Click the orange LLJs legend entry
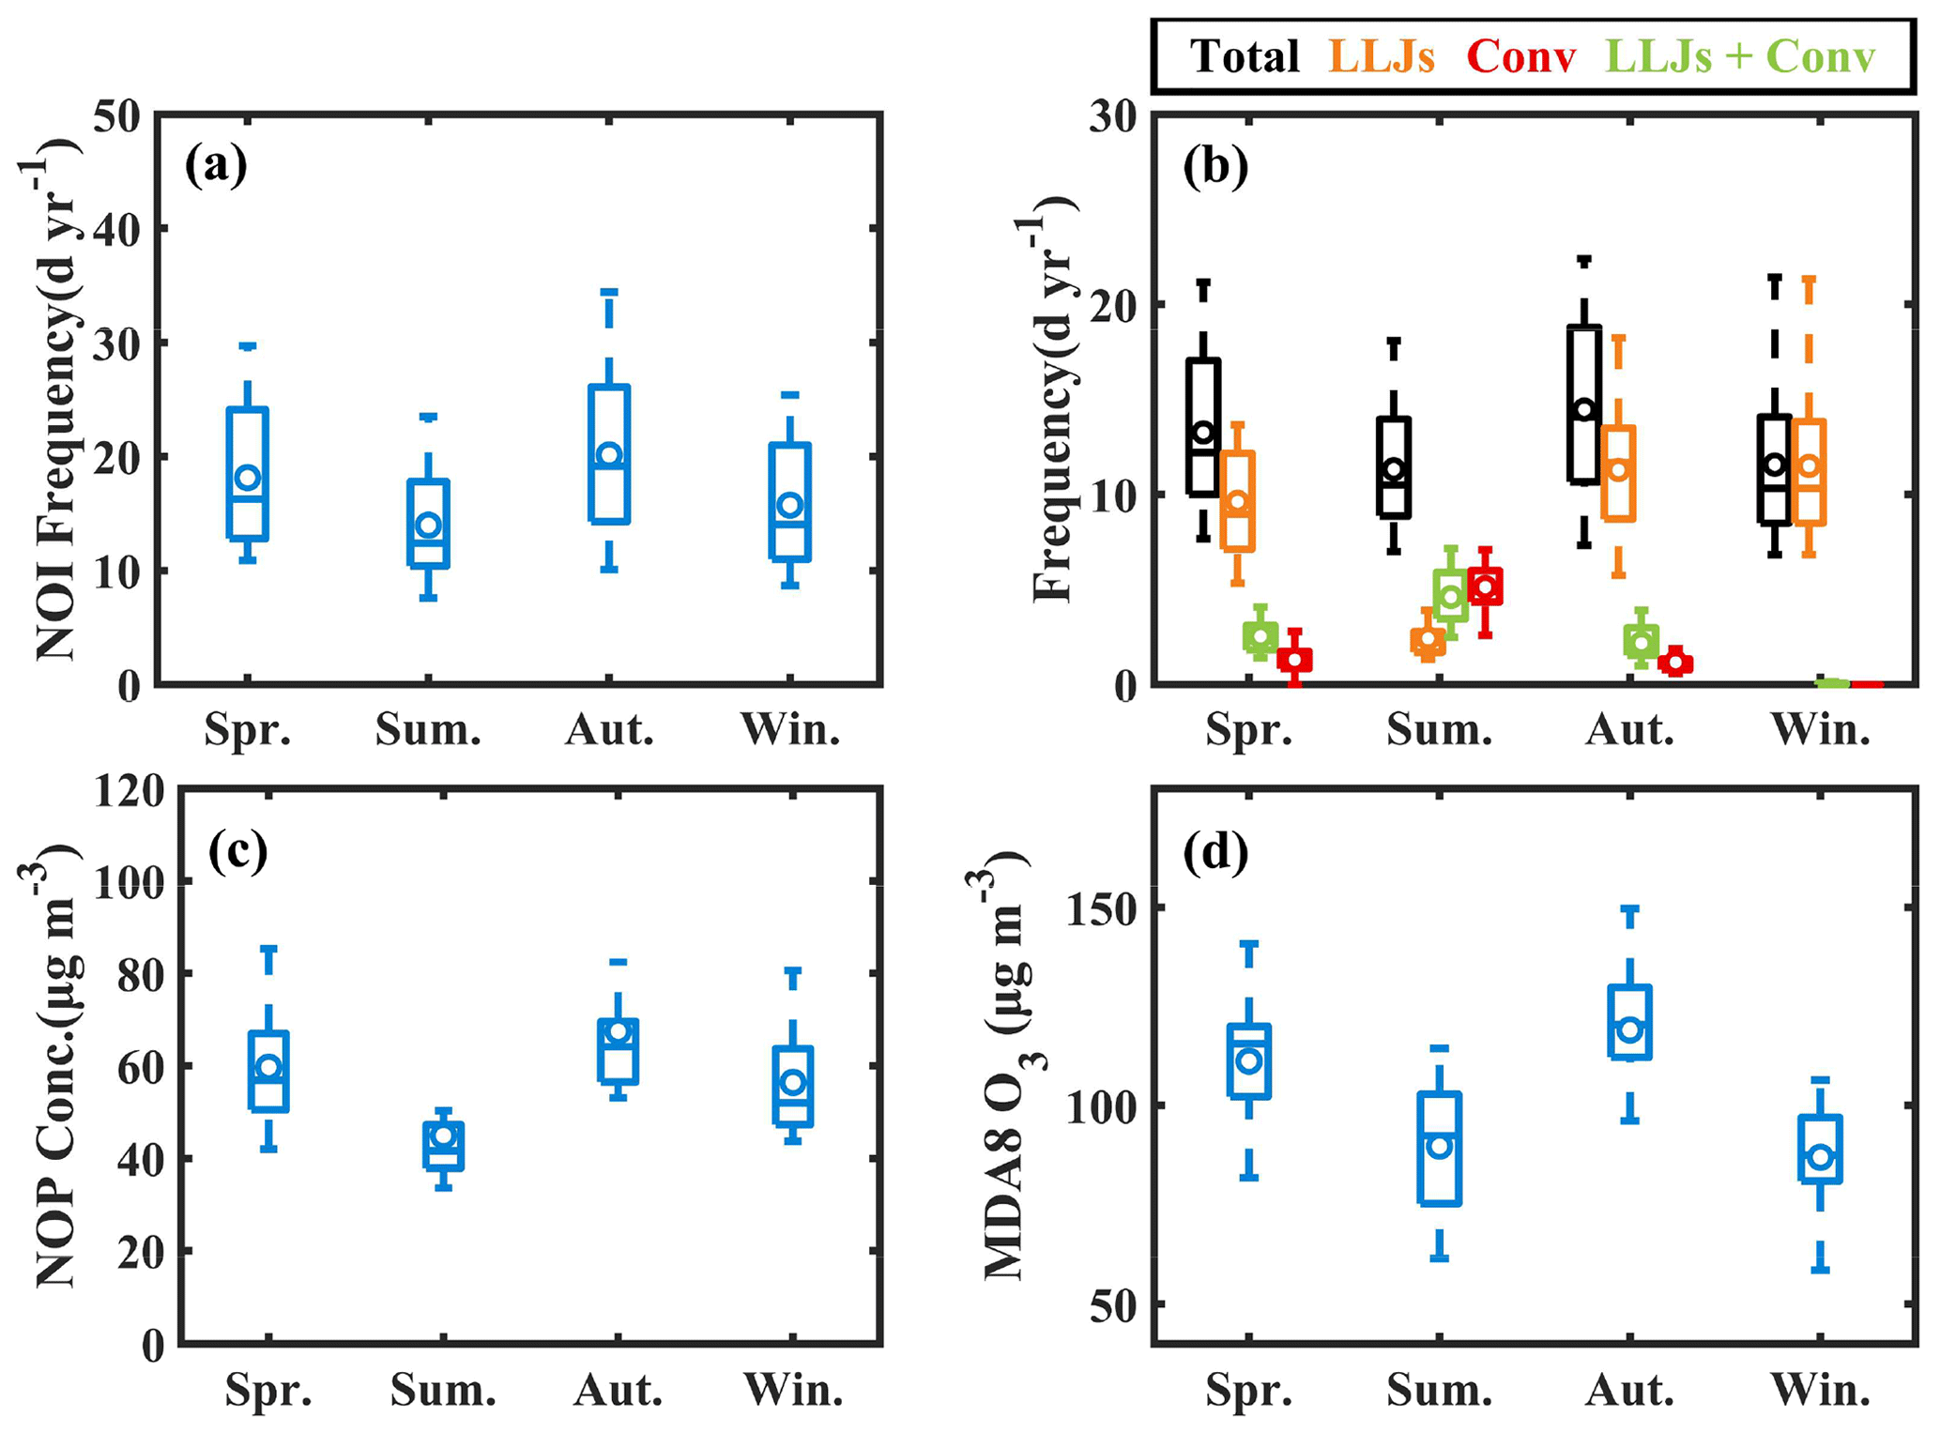tap(1382, 56)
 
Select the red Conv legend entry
tap(1520, 56)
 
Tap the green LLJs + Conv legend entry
tap(1740, 56)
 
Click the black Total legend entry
tap(1245, 56)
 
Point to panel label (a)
tap(216, 166)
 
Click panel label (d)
tap(1215, 852)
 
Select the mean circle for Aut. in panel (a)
tap(610, 455)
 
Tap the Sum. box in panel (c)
tap(444, 1146)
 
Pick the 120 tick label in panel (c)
tap(129, 790)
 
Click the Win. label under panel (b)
tap(1820, 729)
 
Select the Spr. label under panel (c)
tap(268, 1390)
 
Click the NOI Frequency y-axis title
tap(52, 399)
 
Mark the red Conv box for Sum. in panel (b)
tap(1485, 587)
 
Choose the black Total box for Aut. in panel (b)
tap(1584, 404)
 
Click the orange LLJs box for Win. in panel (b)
tap(1809, 472)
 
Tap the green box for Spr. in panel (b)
tap(1260, 636)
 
